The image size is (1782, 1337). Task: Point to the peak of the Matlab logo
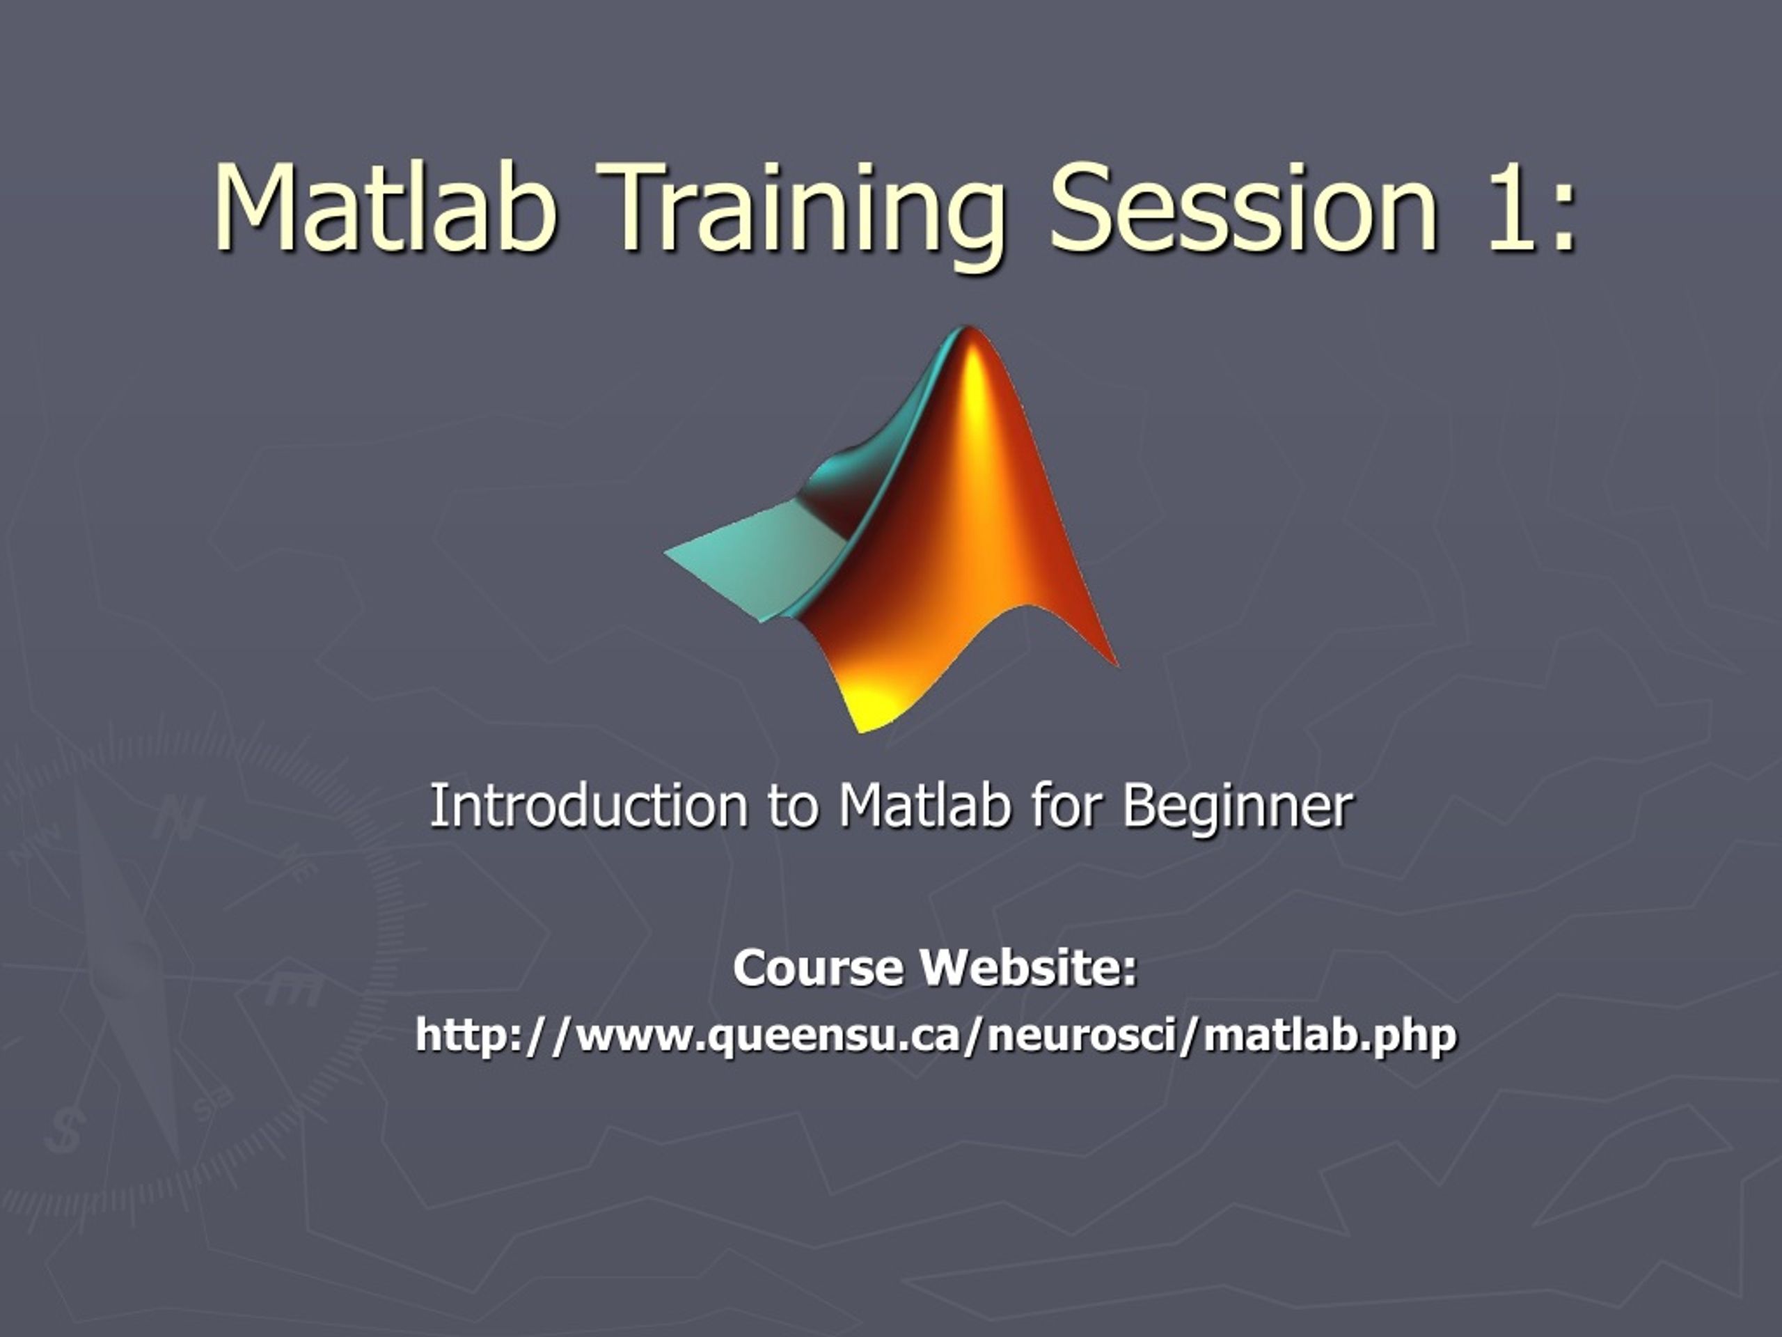[967, 332]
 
